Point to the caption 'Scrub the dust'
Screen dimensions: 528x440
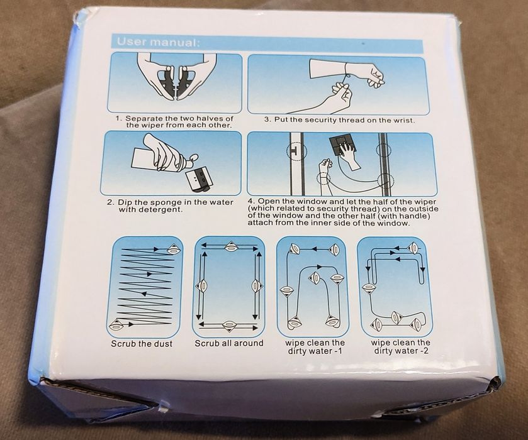point(142,344)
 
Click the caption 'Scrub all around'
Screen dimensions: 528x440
point(229,343)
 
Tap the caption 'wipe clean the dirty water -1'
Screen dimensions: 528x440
point(315,347)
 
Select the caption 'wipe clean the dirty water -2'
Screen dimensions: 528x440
point(401,347)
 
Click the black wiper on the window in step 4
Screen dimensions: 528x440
point(342,146)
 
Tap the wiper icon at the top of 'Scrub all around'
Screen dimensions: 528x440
point(231,247)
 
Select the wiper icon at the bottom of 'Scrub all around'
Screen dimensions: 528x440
point(229,326)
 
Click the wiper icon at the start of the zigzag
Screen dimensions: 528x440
point(118,324)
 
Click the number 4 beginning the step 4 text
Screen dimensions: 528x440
point(250,202)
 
